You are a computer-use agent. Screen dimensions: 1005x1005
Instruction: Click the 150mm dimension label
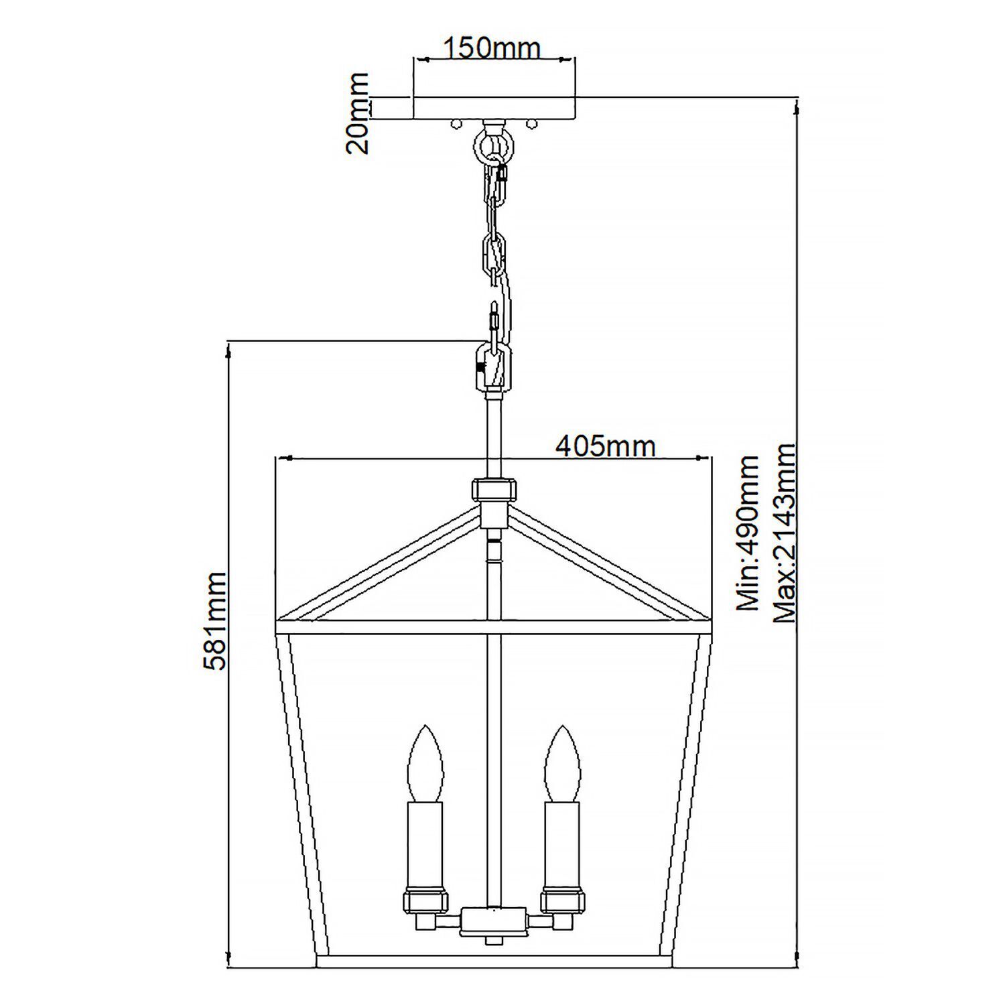[x=492, y=48]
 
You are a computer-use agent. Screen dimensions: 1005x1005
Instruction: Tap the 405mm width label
[x=605, y=445]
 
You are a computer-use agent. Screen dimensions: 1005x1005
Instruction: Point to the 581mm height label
[x=216, y=620]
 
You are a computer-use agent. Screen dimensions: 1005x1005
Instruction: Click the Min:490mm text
[x=748, y=533]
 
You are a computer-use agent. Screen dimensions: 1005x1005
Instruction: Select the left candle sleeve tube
[x=425, y=844]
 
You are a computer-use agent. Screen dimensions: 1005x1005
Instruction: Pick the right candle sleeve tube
[x=561, y=844]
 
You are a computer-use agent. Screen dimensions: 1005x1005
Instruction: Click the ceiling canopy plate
[x=493, y=109]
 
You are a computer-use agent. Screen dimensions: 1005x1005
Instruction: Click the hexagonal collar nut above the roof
[x=493, y=489]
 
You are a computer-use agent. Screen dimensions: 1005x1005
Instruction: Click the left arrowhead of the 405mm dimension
[x=282, y=458]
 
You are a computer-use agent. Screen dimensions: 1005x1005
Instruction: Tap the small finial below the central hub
[x=493, y=941]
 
